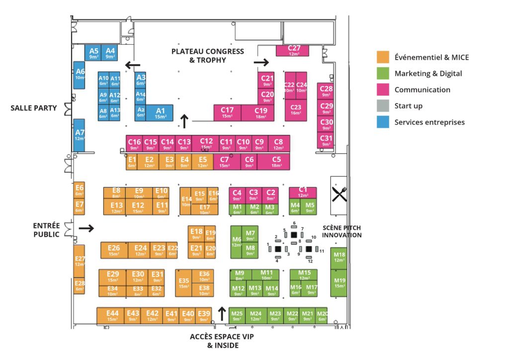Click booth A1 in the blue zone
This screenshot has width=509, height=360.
160,113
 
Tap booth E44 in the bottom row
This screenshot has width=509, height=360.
113,316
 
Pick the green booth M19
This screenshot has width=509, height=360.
340,282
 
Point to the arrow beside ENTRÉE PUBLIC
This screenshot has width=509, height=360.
86,228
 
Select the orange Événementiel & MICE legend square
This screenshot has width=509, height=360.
383,57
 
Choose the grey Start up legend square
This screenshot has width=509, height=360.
383,105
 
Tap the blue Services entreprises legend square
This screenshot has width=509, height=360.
383,122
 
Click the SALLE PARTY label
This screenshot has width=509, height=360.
34,108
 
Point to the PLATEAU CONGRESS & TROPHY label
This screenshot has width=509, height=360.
208,56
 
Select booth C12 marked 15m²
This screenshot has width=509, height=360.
206,144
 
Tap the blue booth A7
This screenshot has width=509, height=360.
80,135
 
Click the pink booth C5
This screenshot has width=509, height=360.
276,162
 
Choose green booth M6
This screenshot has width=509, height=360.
237,242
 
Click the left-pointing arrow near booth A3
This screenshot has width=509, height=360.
132,65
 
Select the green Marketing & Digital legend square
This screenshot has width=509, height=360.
383,73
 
